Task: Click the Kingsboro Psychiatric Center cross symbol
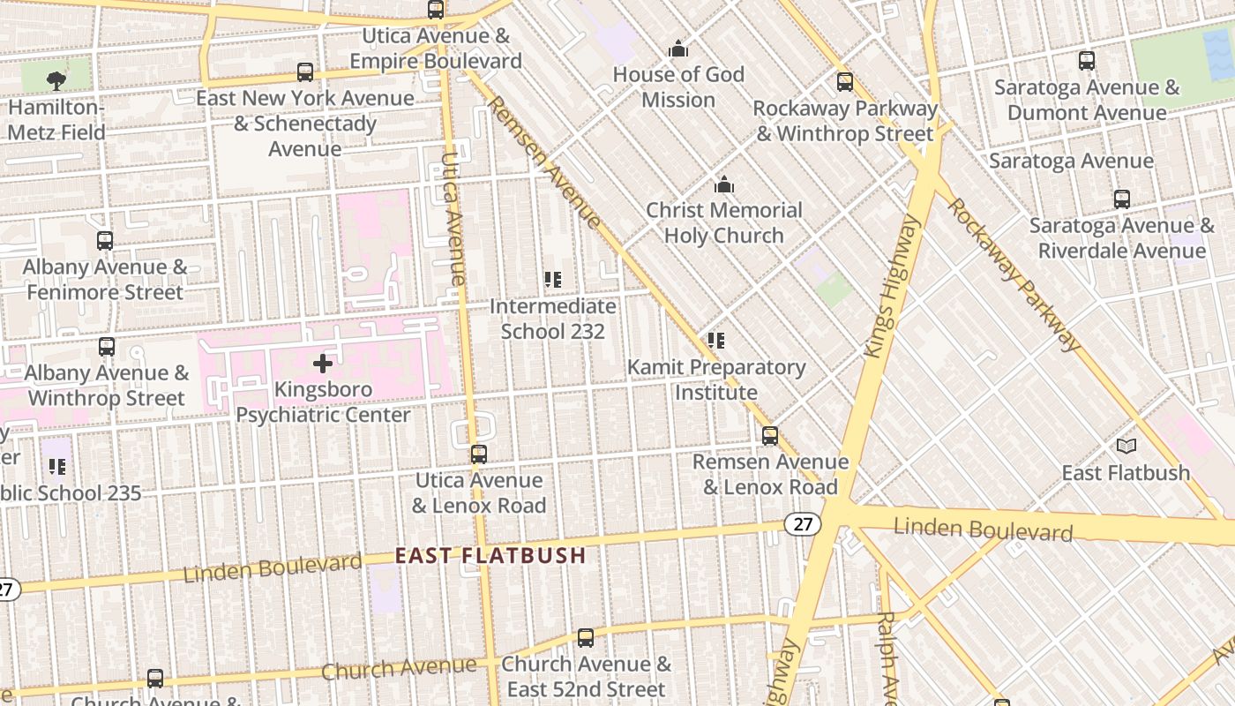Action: (x=323, y=363)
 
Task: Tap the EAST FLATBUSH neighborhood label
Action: (x=490, y=555)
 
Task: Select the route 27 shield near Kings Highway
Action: (x=802, y=524)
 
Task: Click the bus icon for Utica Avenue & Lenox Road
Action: (x=478, y=454)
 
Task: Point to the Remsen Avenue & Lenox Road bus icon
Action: (x=770, y=435)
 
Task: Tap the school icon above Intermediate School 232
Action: (x=553, y=281)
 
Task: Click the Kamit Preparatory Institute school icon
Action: (x=716, y=341)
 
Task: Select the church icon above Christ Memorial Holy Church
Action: (x=724, y=184)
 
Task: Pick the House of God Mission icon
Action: (x=677, y=49)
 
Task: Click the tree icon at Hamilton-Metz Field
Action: (x=56, y=81)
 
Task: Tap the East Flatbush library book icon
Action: (x=1126, y=446)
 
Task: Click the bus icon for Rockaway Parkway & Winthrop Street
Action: (x=845, y=82)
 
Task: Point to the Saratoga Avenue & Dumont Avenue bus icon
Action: (x=1087, y=61)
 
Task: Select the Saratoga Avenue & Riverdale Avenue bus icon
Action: (x=1121, y=199)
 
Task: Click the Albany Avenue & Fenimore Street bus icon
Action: (x=105, y=241)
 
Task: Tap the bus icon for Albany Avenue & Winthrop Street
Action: (x=107, y=347)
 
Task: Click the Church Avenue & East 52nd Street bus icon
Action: (x=586, y=637)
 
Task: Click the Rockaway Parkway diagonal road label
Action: (x=1014, y=274)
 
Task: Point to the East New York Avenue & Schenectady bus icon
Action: (x=305, y=72)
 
